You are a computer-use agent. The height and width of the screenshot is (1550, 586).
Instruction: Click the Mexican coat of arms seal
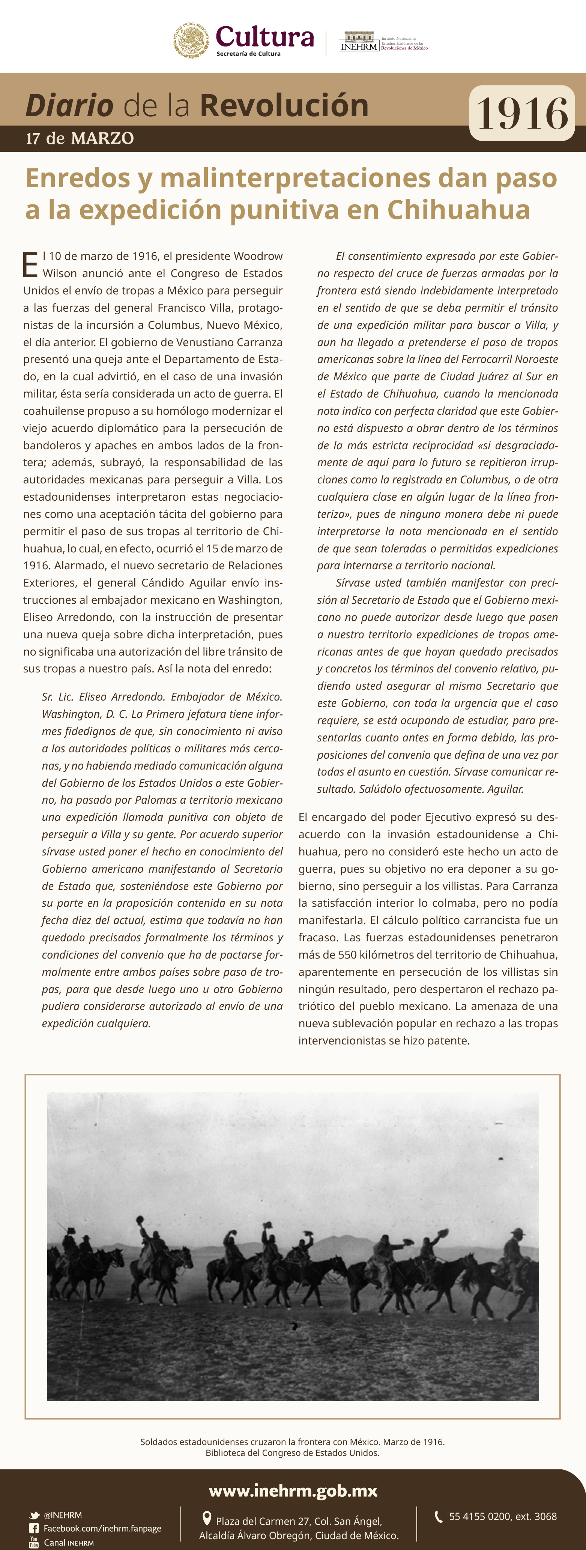pos(191,40)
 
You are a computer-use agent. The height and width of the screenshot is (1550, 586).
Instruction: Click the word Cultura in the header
pos(265,37)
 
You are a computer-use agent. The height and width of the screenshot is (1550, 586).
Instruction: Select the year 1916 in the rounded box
pos(521,113)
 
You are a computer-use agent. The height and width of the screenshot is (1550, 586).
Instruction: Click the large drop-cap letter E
pos(30,265)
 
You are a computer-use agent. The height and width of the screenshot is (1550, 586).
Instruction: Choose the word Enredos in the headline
pos(78,178)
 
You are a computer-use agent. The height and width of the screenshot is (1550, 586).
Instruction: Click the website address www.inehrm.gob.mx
pos(293,1490)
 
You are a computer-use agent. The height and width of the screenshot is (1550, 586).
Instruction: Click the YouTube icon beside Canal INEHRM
pos(34,1542)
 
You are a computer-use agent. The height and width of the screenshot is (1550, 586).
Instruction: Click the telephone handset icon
pos(439,1516)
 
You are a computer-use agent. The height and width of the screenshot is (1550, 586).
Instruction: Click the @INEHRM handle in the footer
pos(63,1515)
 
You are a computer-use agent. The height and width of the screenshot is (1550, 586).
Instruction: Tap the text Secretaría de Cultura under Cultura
pos(248,54)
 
